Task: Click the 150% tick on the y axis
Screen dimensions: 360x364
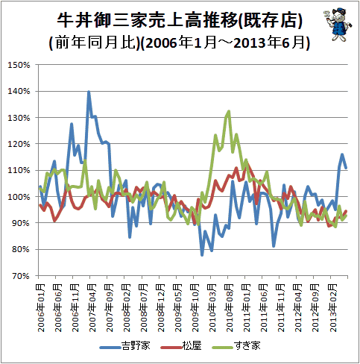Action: [19, 65]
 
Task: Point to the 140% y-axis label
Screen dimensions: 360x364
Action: [19, 91]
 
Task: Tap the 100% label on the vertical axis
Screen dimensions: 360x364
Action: [19, 197]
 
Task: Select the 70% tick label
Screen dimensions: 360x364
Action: [21, 276]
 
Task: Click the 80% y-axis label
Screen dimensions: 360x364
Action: [21, 249]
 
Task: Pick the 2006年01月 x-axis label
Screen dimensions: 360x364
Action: [41, 308]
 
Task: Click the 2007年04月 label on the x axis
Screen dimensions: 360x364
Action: [92, 308]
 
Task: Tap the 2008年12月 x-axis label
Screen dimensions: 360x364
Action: [161, 308]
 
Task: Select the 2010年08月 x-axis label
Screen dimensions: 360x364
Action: [230, 308]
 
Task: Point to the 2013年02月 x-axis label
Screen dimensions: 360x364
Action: [332, 308]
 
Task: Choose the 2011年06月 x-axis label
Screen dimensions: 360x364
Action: [264, 308]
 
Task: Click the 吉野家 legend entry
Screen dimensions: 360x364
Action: [125, 346]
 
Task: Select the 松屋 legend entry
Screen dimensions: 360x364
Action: [181, 346]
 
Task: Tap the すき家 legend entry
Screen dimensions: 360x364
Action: [236, 346]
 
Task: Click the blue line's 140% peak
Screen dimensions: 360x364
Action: [89, 92]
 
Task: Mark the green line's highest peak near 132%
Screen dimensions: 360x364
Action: [229, 111]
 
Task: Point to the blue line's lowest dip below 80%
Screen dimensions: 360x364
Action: [202, 255]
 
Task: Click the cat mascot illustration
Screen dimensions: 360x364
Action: [338, 24]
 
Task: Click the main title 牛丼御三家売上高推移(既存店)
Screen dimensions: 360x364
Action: [180, 20]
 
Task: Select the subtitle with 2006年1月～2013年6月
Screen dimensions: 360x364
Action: [180, 43]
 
